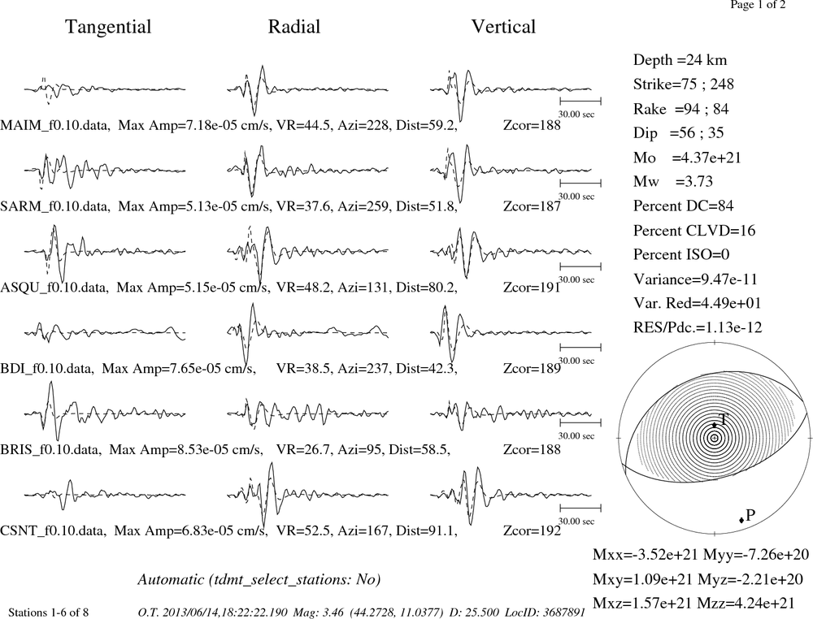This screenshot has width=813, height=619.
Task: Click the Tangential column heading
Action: [108, 27]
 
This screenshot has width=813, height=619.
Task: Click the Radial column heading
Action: [294, 27]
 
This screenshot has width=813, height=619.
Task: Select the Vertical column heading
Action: [503, 27]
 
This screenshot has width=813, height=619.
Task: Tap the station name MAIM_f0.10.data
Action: [55, 125]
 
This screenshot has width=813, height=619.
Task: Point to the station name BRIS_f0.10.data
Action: [50, 449]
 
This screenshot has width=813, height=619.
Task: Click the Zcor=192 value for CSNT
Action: [532, 530]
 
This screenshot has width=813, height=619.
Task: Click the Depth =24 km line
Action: [680, 60]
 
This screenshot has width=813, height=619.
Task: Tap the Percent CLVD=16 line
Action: [694, 231]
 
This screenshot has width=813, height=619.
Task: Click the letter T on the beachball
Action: [724, 419]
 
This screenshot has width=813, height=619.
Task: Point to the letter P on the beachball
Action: [750, 515]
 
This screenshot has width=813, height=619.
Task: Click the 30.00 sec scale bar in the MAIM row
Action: [580, 101]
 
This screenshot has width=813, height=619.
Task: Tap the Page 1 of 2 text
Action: [758, 5]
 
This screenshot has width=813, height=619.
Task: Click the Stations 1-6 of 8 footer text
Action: [48, 613]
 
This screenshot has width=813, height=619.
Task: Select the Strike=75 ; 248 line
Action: [684, 84]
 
